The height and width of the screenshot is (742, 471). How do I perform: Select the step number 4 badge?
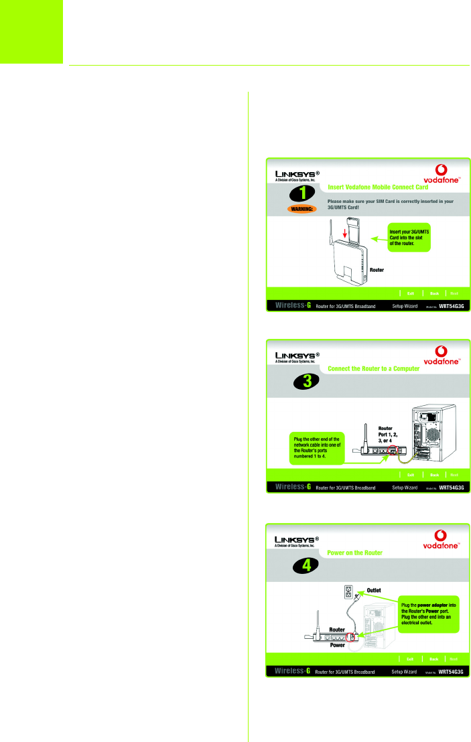306,565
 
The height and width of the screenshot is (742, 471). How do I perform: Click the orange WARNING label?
305,208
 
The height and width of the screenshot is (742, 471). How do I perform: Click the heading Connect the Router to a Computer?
374,368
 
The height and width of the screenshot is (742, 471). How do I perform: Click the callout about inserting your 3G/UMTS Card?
409,238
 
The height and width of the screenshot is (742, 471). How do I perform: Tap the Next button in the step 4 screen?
454,659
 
